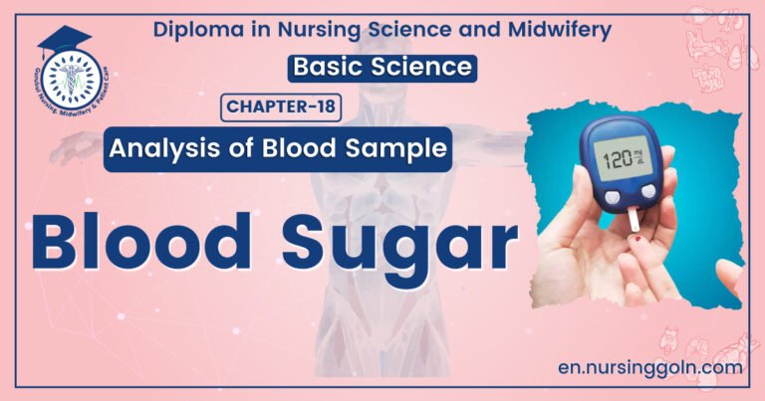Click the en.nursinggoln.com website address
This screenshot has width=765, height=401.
(x=650, y=367)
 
